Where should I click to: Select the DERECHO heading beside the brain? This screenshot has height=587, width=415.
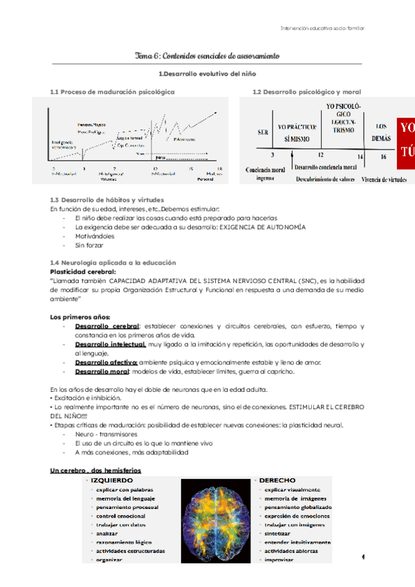(x=278, y=480)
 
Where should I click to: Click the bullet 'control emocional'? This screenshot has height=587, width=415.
(x=121, y=516)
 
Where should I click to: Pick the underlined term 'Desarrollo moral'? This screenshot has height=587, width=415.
(x=104, y=372)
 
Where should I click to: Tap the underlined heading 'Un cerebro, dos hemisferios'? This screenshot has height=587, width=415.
(x=95, y=471)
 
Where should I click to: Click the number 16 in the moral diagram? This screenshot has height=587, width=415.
(x=382, y=157)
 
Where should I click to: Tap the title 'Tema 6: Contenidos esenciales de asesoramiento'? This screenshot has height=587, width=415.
(x=207, y=55)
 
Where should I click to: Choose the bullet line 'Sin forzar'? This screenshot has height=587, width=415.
(x=89, y=245)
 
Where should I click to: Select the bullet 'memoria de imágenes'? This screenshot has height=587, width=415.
(x=294, y=498)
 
